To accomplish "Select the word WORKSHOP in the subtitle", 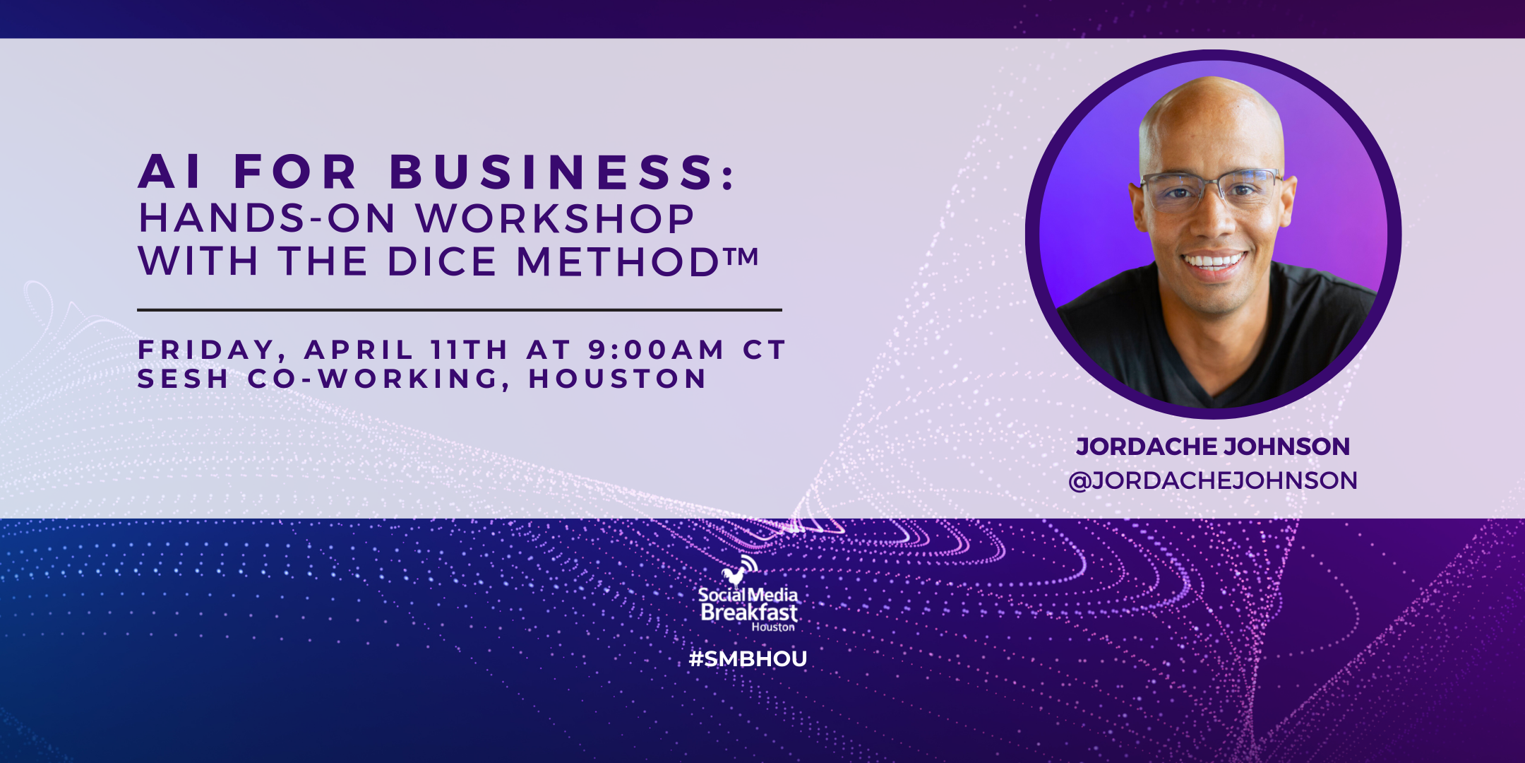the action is pos(555,218).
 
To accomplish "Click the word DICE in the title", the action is pos(442,261).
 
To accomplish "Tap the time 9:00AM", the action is pos(656,350).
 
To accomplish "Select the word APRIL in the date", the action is pos(359,350).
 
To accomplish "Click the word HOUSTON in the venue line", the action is pos(617,379).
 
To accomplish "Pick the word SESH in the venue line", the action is pos(183,379).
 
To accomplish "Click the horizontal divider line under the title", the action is pos(460,309).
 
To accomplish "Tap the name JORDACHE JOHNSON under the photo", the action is pos(1213,446).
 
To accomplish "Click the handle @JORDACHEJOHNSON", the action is pos(1213,480).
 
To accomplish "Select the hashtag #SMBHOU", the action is pos(748,659).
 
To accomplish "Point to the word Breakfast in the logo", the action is pos(749,613).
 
